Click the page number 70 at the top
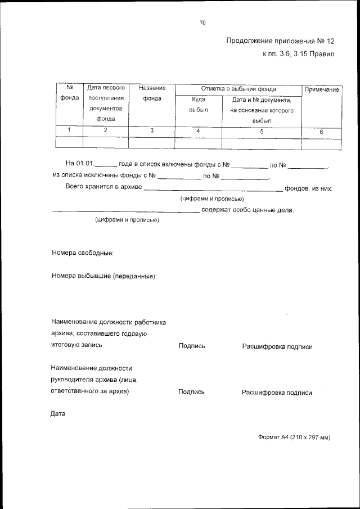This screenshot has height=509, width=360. pos(202,22)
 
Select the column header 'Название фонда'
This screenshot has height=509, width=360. pos(152,93)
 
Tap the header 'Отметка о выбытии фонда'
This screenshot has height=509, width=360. pos(238,89)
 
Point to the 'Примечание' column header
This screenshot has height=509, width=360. pos(321,90)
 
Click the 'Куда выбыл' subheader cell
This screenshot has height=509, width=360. pos(198,105)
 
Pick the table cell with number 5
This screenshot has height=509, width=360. pos(262,131)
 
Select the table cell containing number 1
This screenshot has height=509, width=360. pos(69,130)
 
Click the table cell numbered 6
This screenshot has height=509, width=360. pos(321,132)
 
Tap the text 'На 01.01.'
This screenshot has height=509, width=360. pos(78,164)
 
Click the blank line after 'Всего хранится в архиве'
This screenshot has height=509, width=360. pos(213,190)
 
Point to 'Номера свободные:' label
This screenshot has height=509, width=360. pos(83,253)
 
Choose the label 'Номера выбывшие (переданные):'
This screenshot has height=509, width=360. pos(104,276)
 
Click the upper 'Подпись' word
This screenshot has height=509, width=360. pos(191,346)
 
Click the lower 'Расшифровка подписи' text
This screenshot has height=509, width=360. pos(277,393)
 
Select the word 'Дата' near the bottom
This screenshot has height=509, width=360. pos(58,415)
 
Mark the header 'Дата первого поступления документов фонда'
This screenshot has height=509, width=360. pos(106,103)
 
